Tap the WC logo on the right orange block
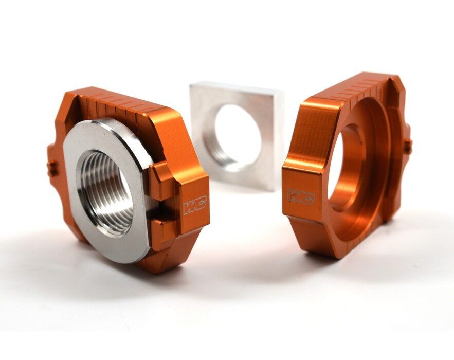pos(301,196)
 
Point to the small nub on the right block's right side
pos(408,147)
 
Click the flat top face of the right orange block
pos(319,108)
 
